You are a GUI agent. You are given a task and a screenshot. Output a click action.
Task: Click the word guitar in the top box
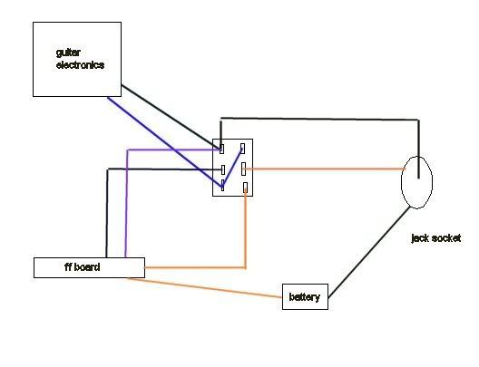pos(68,53)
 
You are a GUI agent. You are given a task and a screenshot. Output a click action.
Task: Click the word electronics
pos(81,65)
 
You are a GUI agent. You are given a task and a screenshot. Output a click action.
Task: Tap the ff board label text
pos(83,267)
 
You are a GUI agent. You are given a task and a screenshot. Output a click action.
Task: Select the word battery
pos(305,297)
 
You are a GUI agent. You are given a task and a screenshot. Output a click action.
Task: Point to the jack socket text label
pos(436,238)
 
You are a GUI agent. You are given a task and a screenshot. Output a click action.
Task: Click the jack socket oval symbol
pos(401,183)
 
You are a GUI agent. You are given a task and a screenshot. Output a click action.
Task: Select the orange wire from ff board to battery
pos(205,287)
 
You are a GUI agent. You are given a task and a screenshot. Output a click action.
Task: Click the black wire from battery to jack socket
pos(368,252)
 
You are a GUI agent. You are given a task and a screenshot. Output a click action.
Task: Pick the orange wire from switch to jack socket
pos(325,169)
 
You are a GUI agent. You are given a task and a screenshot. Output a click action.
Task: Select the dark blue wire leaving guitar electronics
pos(165,141)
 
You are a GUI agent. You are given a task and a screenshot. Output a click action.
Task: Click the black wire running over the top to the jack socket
pos(319,119)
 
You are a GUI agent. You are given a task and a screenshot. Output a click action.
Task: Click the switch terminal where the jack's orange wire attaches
pos(243,169)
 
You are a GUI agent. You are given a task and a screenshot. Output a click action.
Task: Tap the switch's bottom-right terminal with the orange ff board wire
pos(245,188)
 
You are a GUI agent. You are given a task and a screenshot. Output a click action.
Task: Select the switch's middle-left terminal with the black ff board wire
pos(223,170)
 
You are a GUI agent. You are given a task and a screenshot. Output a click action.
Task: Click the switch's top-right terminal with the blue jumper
pos(242,149)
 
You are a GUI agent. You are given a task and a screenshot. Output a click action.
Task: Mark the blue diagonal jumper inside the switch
pos(233,167)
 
